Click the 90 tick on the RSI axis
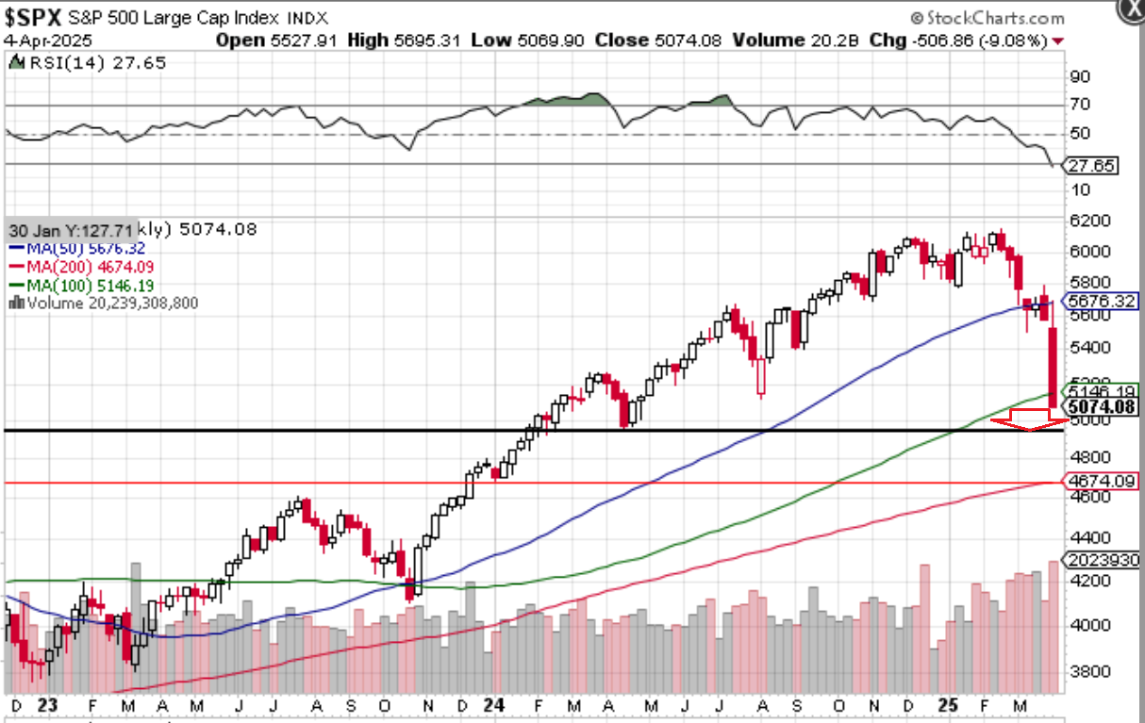point(1081,77)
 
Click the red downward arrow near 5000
point(1028,420)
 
